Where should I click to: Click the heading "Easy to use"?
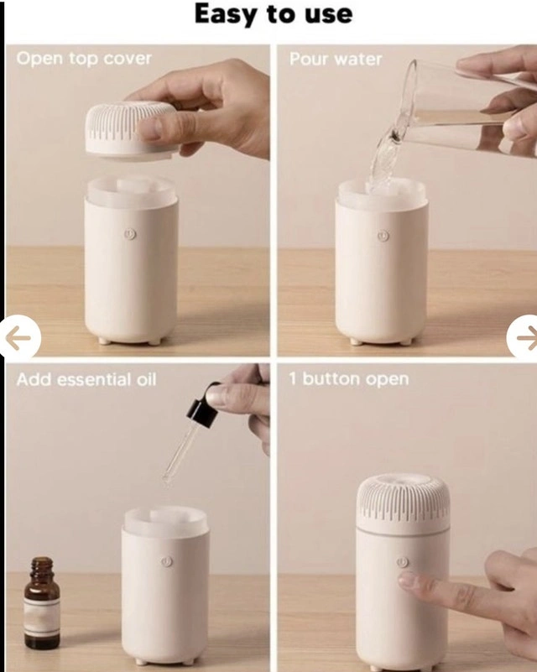click(x=274, y=14)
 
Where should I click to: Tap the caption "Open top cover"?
click(x=84, y=58)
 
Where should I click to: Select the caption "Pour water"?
click(x=336, y=59)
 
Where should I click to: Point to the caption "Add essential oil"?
click(x=86, y=379)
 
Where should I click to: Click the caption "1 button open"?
click(x=348, y=379)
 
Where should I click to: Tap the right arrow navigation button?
click(x=523, y=337)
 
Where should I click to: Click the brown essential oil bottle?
click(x=42, y=603)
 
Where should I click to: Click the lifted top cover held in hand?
click(x=131, y=129)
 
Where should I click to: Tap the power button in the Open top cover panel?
click(x=130, y=234)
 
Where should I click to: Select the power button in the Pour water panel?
click(x=383, y=235)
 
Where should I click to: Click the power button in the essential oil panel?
click(x=167, y=561)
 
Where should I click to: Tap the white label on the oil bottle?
click(x=42, y=618)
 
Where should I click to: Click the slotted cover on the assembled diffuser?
click(x=403, y=503)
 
